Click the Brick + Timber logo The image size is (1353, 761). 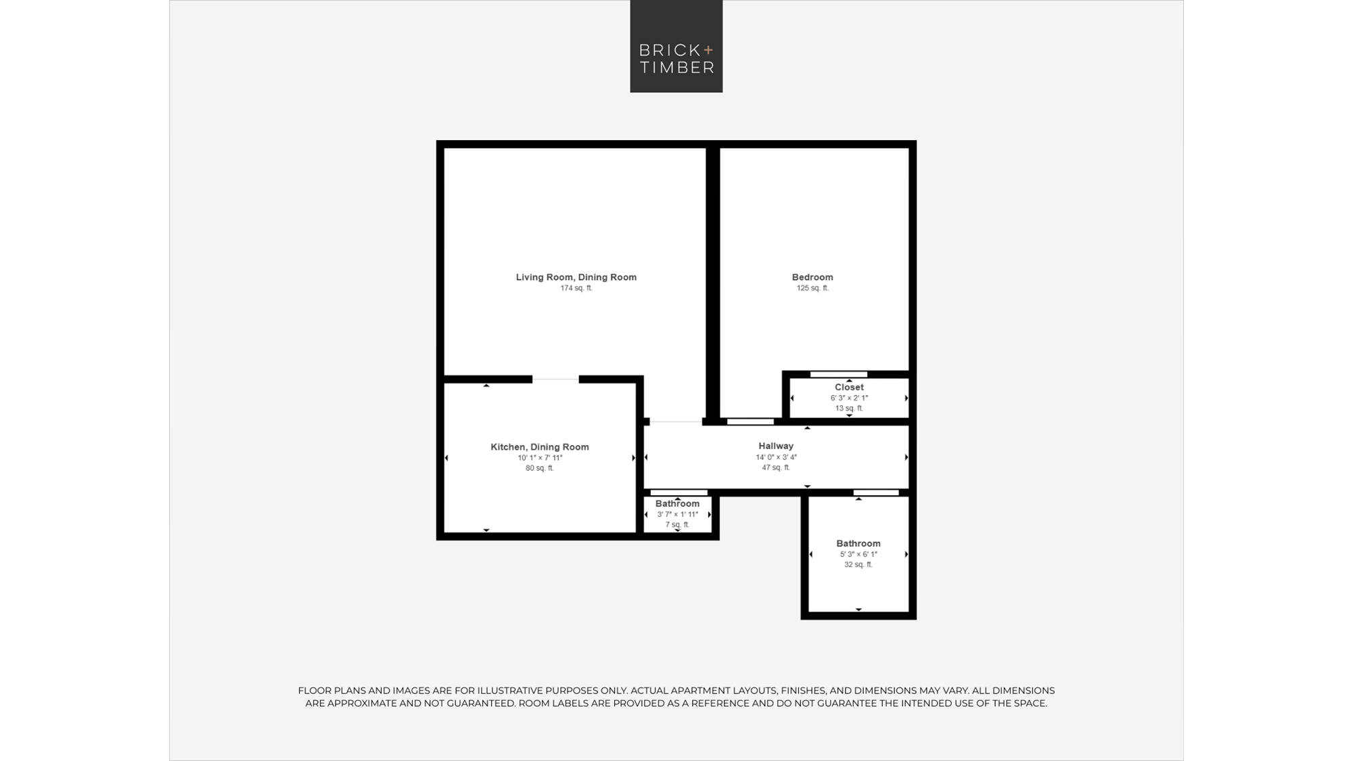pyautogui.click(x=676, y=46)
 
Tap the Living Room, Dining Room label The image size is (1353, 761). pyautogui.click(x=576, y=277)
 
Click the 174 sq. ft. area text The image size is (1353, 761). pyautogui.click(x=576, y=288)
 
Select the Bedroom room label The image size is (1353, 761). pyautogui.click(x=812, y=277)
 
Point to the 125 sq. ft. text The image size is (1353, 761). pyautogui.click(x=812, y=288)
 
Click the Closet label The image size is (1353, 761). pyautogui.click(x=849, y=388)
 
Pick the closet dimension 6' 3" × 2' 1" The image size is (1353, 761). pyautogui.click(x=849, y=398)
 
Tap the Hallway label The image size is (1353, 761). pyautogui.click(x=776, y=446)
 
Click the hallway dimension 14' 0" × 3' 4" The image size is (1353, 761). pyautogui.click(x=776, y=457)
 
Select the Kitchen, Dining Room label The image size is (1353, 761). pyautogui.click(x=540, y=447)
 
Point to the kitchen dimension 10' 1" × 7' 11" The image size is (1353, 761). pyautogui.click(x=540, y=458)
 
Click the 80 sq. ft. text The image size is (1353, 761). pyautogui.click(x=540, y=468)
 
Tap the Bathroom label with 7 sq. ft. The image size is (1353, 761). pyautogui.click(x=677, y=504)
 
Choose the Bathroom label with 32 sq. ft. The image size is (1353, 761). pyautogui.click(x=858, y=544)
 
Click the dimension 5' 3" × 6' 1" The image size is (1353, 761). pyautogui.click(x=858, y=555)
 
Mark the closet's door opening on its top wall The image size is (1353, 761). pyautogui.click(x=839, y=374)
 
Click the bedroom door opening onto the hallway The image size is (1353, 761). pyautogui.click(x=750, y=421)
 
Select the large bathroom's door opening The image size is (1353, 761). pyautogui.click(x=876, y=492)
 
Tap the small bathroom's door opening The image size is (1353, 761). pyautogui.click(x=679, y=492)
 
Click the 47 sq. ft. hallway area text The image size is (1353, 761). pyautogui.click(x=776, y=467)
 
